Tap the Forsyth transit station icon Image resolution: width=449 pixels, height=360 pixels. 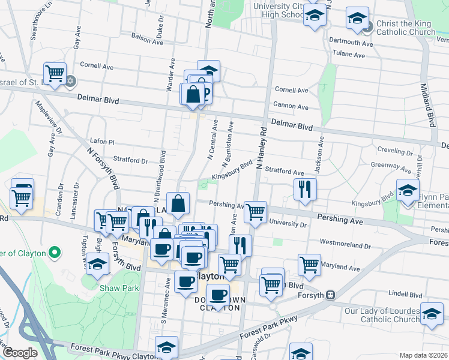(331, 295)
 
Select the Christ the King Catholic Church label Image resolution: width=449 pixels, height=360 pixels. (406, 28)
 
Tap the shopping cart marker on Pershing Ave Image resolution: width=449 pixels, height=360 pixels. (256, 212)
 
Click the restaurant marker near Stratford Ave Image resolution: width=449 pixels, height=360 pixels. (305, 189)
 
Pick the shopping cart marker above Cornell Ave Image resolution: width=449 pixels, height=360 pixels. (55, 74)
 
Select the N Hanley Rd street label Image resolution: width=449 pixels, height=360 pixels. (261, 149)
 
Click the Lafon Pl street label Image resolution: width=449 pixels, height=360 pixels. (101, 141)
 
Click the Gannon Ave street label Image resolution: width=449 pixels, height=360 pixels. (291, 107)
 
